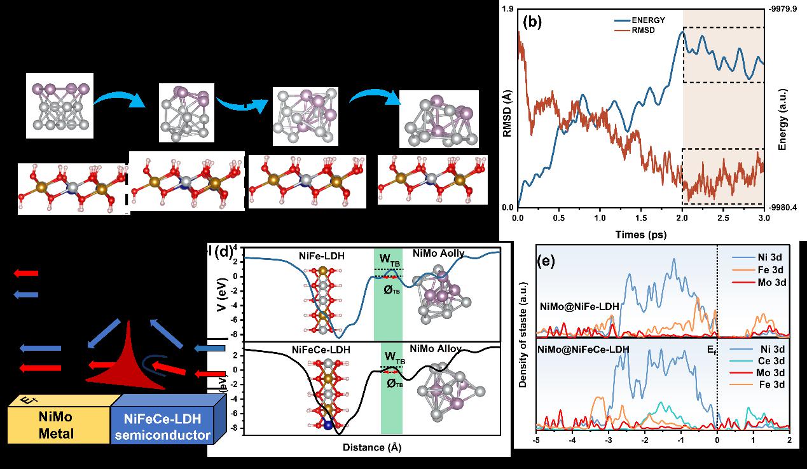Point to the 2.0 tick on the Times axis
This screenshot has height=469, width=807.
pos(682,218)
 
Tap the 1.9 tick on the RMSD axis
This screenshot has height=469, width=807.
pos(507,10)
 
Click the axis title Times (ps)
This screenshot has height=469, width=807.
pos(641,234)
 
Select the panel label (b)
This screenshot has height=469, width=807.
pos(532,21)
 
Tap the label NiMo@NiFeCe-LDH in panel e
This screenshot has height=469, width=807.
pos(583,350)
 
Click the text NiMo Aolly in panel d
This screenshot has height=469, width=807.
pos(439,254)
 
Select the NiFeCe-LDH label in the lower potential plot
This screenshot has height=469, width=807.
pos(321,350)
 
